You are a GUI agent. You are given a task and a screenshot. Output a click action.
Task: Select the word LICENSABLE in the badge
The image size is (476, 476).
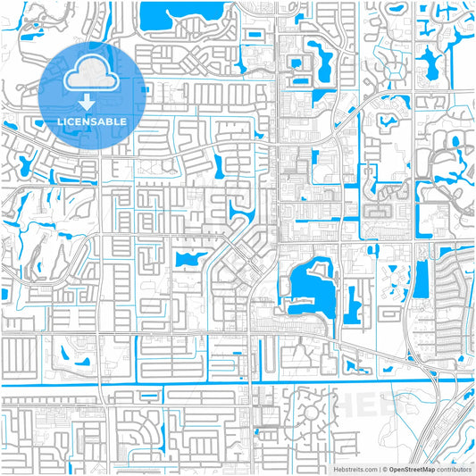[93, 121]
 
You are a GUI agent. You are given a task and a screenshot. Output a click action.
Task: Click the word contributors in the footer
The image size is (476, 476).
[454, 468]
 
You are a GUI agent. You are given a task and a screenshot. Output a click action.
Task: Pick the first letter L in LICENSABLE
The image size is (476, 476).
[60, 121]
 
